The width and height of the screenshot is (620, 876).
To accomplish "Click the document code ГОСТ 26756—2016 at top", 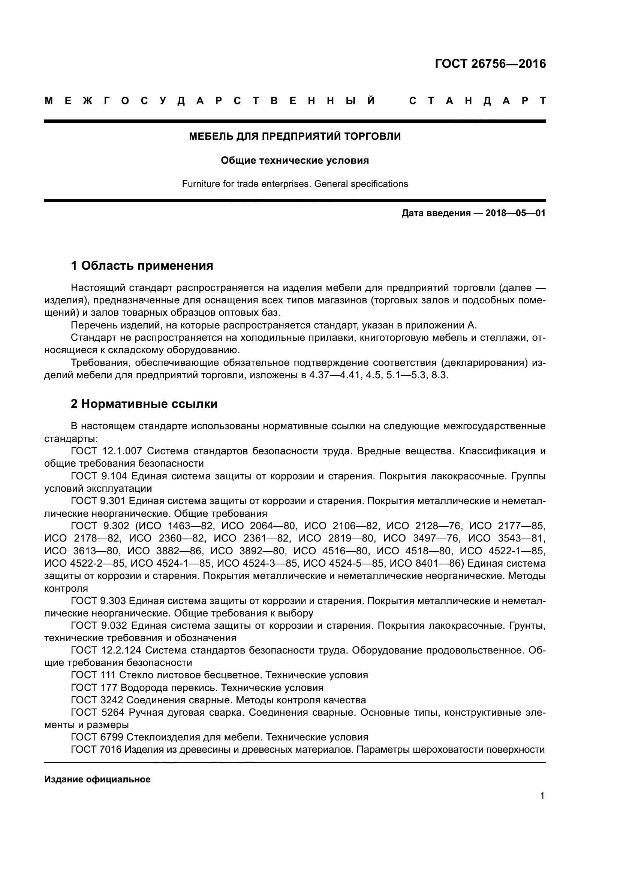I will coord(490,64).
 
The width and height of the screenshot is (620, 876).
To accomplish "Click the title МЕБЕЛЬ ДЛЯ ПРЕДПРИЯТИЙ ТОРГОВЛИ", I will coord(295,137).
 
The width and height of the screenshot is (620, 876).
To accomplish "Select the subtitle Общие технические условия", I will coord(295,161).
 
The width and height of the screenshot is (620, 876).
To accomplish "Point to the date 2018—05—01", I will coord(515,213).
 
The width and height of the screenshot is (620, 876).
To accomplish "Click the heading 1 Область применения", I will coord(142,266).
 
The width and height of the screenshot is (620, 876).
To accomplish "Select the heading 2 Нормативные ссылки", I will coord(144,404).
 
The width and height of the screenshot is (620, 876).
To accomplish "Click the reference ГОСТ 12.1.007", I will coord(106,451).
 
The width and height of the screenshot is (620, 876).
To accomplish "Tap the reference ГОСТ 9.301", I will coord(99,501).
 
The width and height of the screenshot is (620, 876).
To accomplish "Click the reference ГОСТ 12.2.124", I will coord(106,651).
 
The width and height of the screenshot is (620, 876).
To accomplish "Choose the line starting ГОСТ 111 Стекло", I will coord(219,675).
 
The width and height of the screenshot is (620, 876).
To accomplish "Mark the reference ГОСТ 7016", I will coord(96,750).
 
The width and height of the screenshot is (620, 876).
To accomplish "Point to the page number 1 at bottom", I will coord(542,796).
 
